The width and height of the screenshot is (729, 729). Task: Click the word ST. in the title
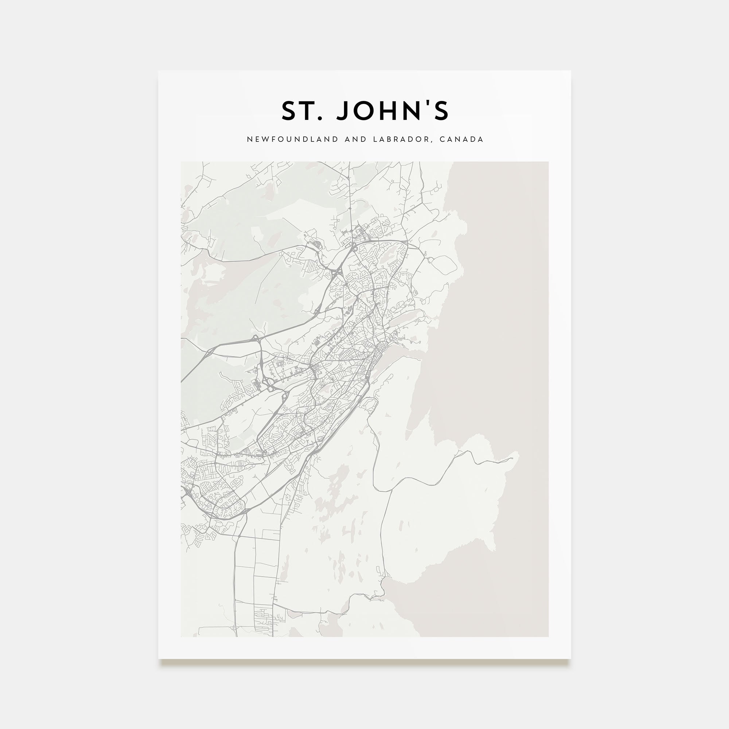302,111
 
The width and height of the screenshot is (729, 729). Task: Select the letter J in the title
343,111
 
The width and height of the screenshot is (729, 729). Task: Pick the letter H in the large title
389,111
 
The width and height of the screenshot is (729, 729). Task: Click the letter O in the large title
364,111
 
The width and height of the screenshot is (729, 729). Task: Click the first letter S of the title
289,111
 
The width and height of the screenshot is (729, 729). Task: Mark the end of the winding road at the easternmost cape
513,459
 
